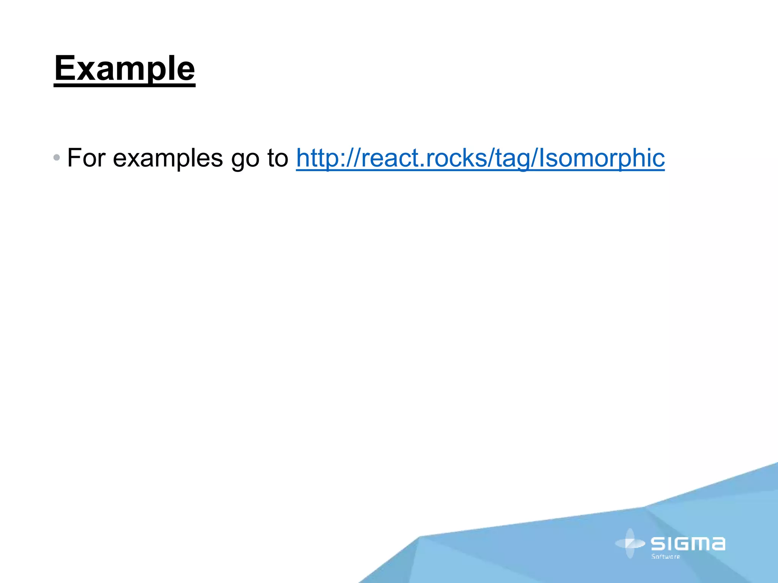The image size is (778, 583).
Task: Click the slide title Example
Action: click(x=125, y=69)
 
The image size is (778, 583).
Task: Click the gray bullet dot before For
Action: click(x=57, y=157)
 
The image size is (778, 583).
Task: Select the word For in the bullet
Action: click(x=86, y=158)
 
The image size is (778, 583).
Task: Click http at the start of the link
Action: click(x=316, y=158)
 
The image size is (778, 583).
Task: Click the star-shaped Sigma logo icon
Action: click(x=630, y=544)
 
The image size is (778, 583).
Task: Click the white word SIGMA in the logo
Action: click(x=688, y=544)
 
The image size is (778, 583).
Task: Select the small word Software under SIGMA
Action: click(x=666, y=557)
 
